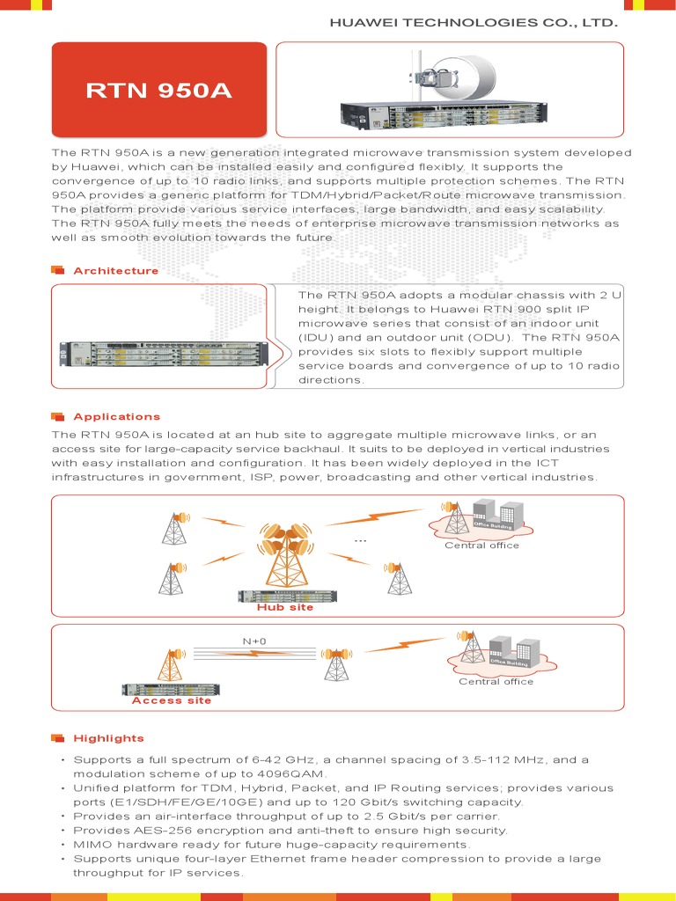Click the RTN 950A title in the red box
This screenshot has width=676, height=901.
[158, 90]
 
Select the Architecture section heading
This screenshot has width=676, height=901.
[115, 271]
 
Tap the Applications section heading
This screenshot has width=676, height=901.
[116, 416]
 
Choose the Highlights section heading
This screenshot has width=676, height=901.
[108, 737]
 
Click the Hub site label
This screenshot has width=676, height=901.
[284, 607]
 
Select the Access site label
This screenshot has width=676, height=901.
[171, 700]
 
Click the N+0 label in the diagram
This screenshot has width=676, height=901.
[254, 641]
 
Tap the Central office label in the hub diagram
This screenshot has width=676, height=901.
[481, 545]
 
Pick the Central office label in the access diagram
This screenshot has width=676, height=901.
[496, 681]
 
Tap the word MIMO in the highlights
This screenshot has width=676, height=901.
[92, 844]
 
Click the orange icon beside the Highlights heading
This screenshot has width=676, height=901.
[58, 737]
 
